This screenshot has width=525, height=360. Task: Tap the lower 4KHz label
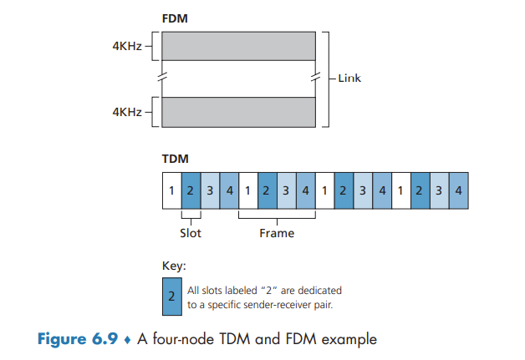(x=129, y=110)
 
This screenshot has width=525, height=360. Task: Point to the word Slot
(x=191, y=233)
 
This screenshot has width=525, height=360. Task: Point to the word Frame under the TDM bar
(x=276, y=233)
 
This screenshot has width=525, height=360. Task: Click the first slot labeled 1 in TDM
(x=171, y=191)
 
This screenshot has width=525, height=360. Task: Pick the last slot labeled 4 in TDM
(x=459, y=191)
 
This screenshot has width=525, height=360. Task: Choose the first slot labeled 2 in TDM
(x=191, y=191)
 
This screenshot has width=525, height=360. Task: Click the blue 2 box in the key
(x=172, y=297)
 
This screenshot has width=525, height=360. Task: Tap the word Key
(x=172, y=266)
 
